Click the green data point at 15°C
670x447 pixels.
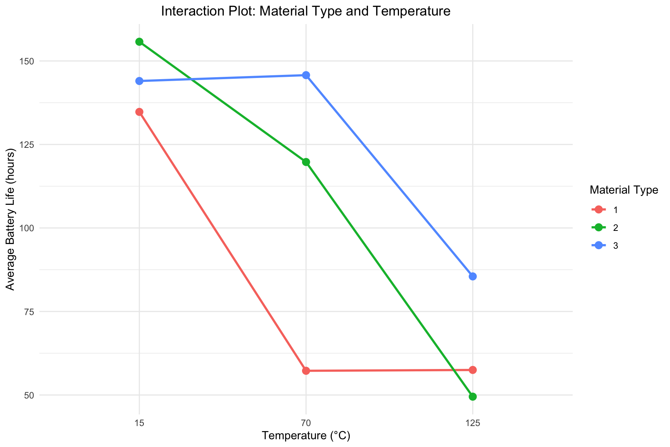pos(139,42)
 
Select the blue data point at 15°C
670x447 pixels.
pos(139,81)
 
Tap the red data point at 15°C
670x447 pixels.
pos(139,112)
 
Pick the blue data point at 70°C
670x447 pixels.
pos(306,75)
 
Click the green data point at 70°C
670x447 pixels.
pos(306,162)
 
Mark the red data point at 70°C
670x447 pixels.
pos(306,371)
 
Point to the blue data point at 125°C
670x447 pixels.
pos(473,277)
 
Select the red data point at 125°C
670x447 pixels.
pos(473,370)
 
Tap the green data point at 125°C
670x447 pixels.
pos(473,397)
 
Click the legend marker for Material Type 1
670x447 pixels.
pos(599,210)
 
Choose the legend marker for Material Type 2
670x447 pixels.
pos(599,227)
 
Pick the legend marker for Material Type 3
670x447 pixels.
pos(599,245)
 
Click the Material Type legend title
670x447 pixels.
pos(623,190)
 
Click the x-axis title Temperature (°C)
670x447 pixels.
pos(306,436)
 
